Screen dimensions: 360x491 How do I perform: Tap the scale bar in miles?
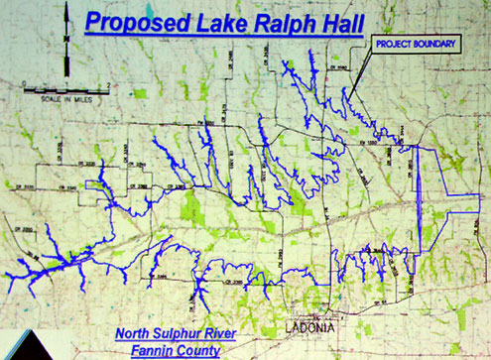point(61,89)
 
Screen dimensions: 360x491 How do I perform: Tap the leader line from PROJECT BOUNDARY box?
point(361,77)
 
